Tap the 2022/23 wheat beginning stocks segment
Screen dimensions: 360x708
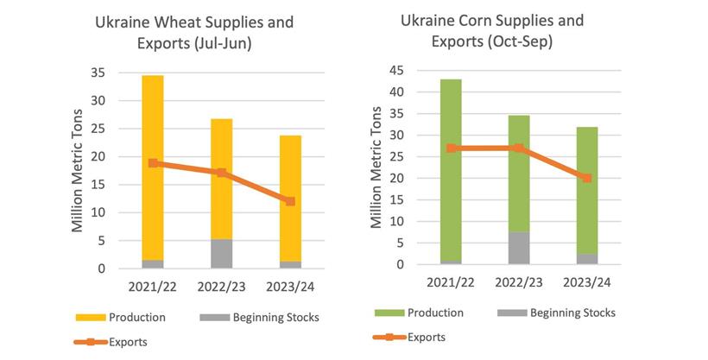(x=221, y=253)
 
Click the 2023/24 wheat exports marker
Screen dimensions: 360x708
(x=290, y=201)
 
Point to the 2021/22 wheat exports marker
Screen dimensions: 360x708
(x=153, y=163)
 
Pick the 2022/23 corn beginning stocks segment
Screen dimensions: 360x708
(x=518, y=248)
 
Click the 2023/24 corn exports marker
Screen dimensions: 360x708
(x=586, y=178)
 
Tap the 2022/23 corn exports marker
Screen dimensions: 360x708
(x=518, y=148)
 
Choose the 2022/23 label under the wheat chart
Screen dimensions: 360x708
(x=221, y=286)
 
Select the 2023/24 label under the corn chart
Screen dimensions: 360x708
(x=586, y=282)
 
